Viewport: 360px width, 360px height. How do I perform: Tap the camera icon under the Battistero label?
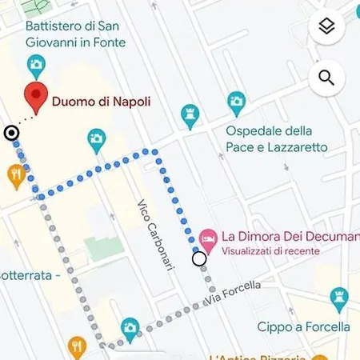coord(36,64)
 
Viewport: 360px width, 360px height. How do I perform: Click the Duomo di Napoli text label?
coord(101,102)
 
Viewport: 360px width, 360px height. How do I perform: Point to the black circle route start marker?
coord(11,133)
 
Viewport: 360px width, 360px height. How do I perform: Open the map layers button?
coord(326,26)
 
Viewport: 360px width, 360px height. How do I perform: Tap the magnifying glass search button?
coord(326,77)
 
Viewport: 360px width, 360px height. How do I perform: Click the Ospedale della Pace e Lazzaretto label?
coord(277,138)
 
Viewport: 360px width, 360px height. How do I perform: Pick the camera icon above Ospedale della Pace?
coord(235,102)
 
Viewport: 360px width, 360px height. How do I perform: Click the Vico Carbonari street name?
coord(155,234)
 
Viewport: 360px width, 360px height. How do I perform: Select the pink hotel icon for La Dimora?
coord(207,237)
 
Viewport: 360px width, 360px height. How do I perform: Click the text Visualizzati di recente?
coord(270,251)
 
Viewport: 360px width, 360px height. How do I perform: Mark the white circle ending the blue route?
coord(199,258)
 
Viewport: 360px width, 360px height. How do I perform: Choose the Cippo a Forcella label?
coord(303,326)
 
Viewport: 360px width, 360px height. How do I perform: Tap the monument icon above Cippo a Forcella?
coord(339,298)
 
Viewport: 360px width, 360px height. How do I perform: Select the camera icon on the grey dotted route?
coord(130,328)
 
